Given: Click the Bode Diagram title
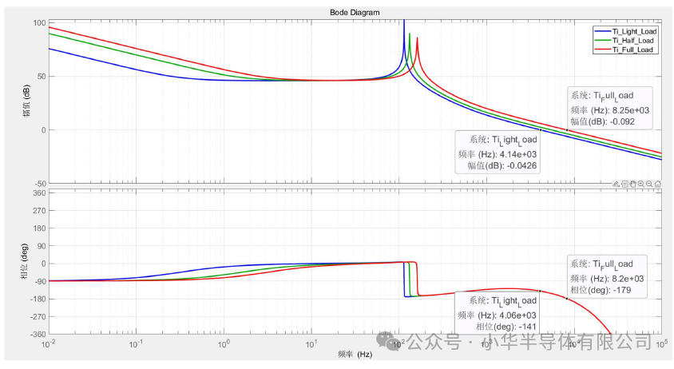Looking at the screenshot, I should [x=355, y=13].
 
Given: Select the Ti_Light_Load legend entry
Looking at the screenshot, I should [x=632, y=30].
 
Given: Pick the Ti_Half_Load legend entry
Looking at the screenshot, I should [x=632, y=40].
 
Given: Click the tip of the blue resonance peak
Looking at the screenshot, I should [x=404, y=21].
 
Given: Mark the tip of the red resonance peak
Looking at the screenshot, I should [x=417, y=38].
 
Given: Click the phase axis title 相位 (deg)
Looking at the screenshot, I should [x=25, y=263].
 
